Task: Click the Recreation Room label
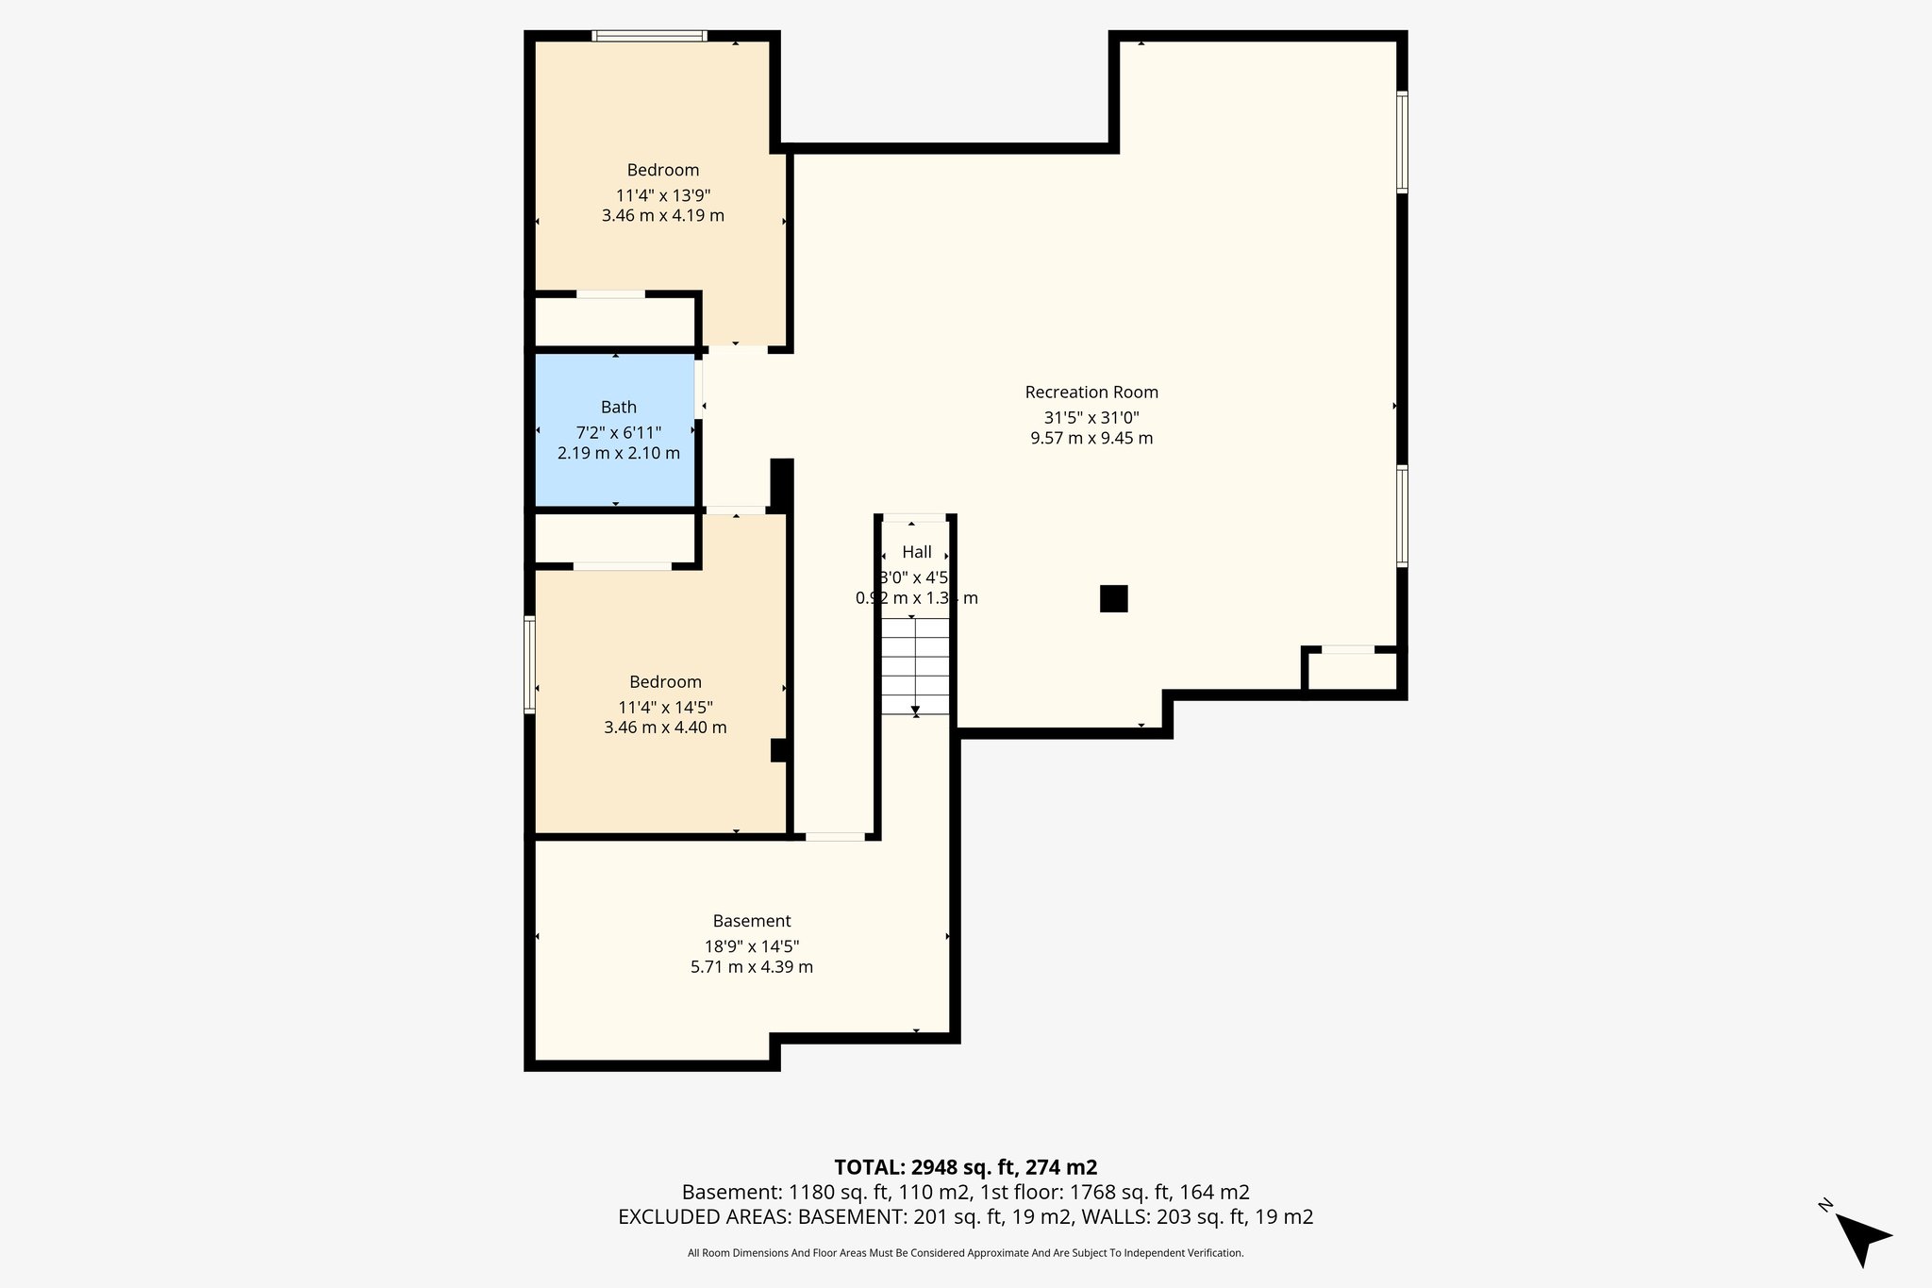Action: [x=1091, y=392]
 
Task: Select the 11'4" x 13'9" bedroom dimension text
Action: [x=662, y=195]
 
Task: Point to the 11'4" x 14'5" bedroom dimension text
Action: [x=665, y=707]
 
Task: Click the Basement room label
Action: [x=752, y=921]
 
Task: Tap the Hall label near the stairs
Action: [x=917, y=552]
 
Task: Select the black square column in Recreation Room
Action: [x=1113, y=598]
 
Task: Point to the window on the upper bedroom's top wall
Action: [x=649, y=37]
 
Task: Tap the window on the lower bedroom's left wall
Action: [x=529, y=664]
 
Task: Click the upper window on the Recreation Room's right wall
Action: [x=1402, y=142]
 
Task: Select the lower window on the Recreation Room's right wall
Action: [x=1402, y=515]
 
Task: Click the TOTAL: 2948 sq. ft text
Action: [x=965, y=1167]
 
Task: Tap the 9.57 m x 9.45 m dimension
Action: [x=1091, y=438]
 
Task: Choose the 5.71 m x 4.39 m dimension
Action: [x=752, y=966]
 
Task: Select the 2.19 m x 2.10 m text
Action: [x=618, y=453]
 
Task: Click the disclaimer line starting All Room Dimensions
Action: [x=965, y=1253]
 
